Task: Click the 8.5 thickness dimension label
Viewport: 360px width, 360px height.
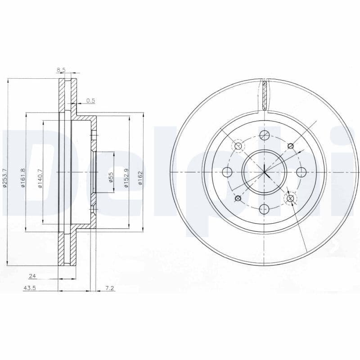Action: coord(61,70)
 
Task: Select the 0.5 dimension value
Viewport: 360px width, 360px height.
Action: coord(90,100)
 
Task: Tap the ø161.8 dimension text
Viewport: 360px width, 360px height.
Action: coord(22,178)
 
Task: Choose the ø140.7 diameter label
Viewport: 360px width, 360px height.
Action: coord(40,178)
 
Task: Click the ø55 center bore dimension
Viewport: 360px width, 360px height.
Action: coord(110,176)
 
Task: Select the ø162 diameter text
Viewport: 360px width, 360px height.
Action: coord(140,177)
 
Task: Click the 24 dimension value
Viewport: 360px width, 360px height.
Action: coord(32,275)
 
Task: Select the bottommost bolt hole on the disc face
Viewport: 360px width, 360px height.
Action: coord(264,209)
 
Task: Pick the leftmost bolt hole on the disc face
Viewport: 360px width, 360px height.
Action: coord(227,172)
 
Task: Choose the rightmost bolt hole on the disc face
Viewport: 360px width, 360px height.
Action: coord(301,172)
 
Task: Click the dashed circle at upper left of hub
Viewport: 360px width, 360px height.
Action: coord(238,146)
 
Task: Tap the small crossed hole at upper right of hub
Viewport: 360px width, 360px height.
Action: coord(291,145)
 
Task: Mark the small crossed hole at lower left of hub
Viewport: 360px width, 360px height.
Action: coord(238,198)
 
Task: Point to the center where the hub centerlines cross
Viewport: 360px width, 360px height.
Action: coord(264,172)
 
